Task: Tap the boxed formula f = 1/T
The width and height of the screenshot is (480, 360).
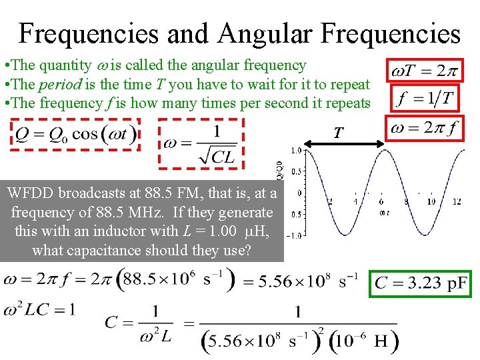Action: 425,99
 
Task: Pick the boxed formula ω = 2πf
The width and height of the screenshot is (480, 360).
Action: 426,128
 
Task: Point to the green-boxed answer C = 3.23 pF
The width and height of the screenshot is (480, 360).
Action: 421,283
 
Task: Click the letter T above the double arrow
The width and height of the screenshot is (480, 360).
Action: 338,133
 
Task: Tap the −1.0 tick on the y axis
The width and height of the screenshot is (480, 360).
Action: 296,235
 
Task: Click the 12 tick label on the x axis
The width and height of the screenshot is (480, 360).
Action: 457,201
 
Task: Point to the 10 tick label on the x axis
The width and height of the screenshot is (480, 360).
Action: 431,201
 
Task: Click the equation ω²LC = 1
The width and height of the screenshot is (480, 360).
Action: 39,309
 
